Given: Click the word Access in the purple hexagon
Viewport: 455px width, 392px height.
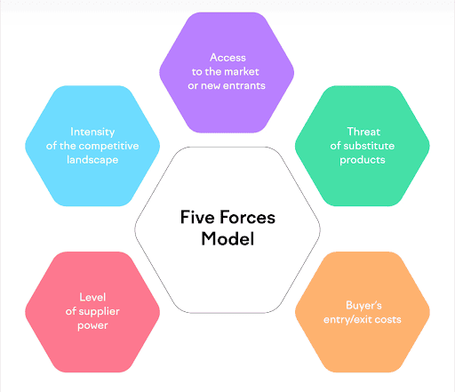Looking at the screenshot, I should coord(227,58).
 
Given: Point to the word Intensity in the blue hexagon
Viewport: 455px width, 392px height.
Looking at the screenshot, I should coord(92,132).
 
